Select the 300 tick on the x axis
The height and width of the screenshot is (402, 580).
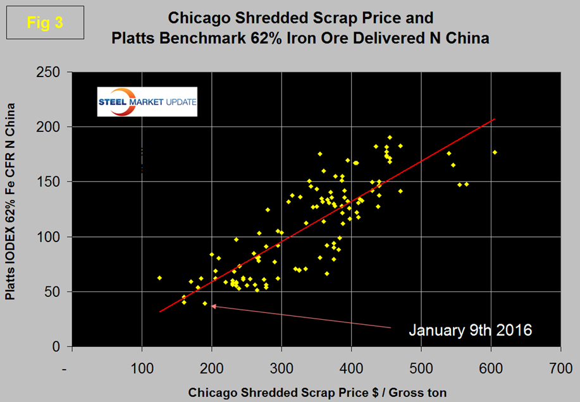coord(281,367)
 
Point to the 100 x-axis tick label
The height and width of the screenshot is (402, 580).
coord(142,367)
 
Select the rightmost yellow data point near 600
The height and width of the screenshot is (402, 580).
coord(495,152)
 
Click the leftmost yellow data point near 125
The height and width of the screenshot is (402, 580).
coord(159,277)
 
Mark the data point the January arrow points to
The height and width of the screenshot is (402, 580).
coord(205,303)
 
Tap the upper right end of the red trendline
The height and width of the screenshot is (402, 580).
coord(495,119)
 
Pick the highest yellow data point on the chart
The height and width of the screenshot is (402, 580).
coord(390,137)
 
